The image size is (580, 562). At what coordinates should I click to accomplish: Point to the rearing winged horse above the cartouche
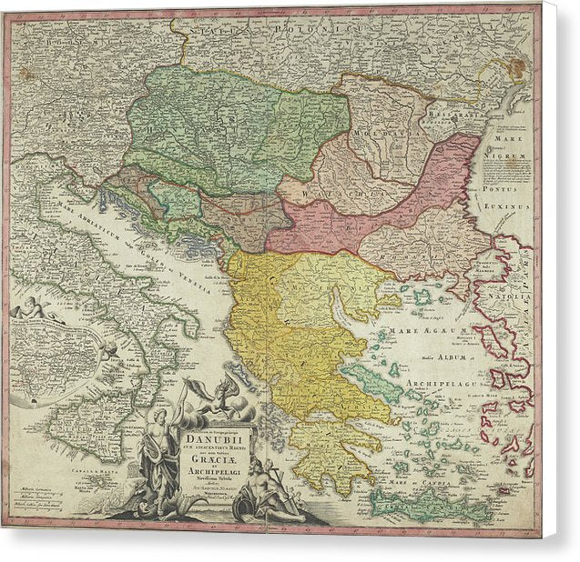pyautogui.click(x=213, y=396)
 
